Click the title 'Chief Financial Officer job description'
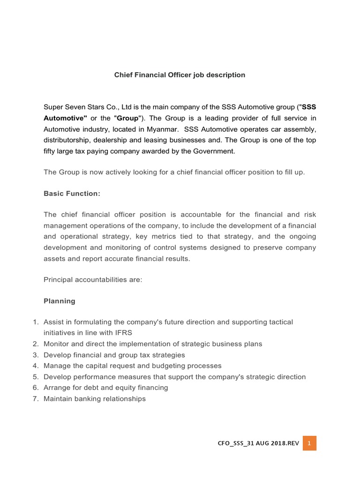(180, 75)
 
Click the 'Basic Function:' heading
(72, 193)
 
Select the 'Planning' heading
(59, 301)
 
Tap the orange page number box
(309, 443)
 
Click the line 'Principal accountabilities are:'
(93, 279)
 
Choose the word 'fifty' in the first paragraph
(50, 151)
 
